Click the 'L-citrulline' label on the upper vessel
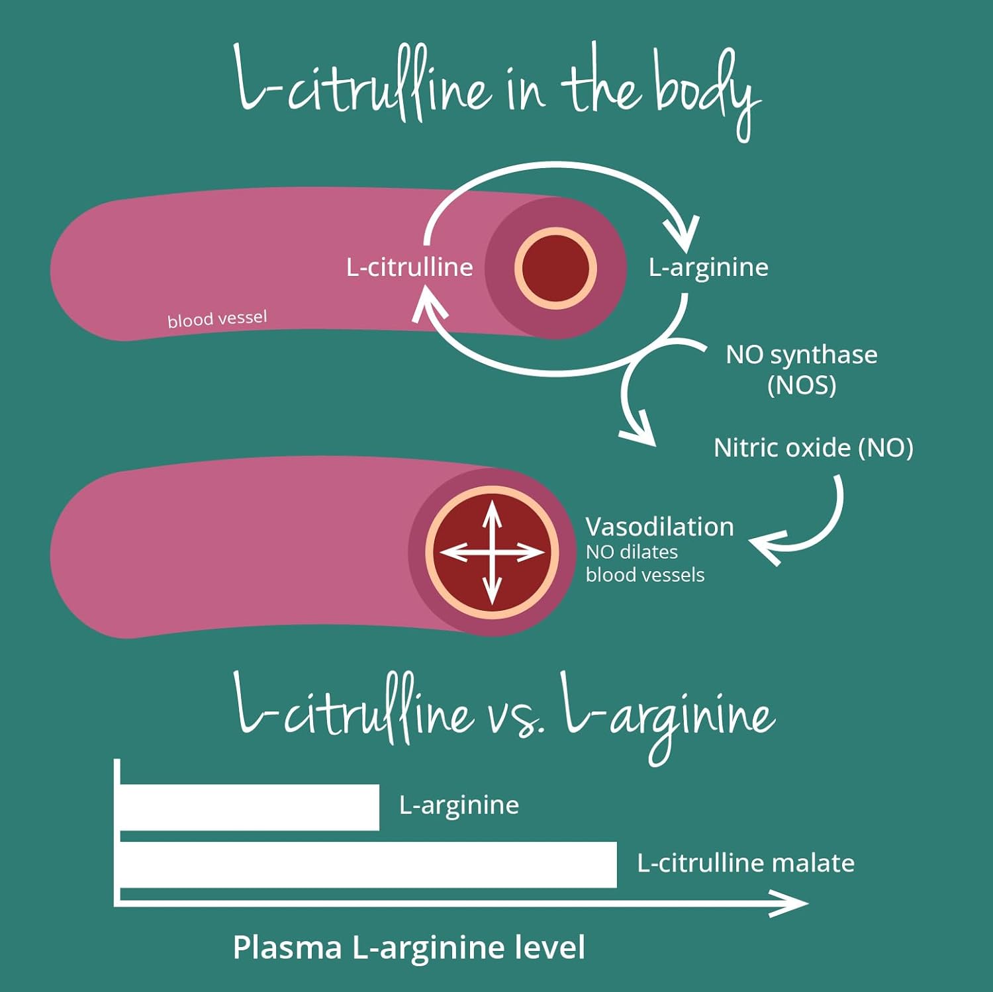409,267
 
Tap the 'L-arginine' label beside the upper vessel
708,267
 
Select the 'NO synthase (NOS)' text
801,369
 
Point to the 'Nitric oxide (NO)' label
813,448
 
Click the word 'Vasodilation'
659,527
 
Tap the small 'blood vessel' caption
217,319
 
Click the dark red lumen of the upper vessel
555,268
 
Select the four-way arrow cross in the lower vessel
492,553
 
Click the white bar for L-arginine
249,807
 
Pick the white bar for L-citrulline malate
367,865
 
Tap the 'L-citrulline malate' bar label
745,863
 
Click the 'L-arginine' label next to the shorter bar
459,805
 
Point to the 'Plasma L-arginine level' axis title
408,947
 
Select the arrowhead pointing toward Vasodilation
765,546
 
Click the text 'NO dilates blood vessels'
644,563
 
